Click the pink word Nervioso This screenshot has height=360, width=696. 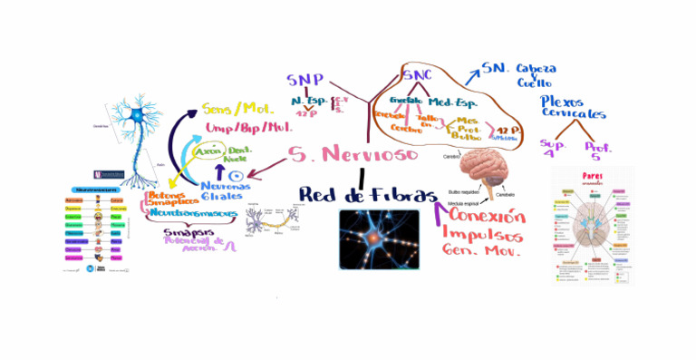373,155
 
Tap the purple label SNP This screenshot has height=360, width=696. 304,82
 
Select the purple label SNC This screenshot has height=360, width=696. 418,75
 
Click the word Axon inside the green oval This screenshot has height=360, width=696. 208,153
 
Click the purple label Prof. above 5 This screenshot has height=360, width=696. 598,146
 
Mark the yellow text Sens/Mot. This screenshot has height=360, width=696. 238,109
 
